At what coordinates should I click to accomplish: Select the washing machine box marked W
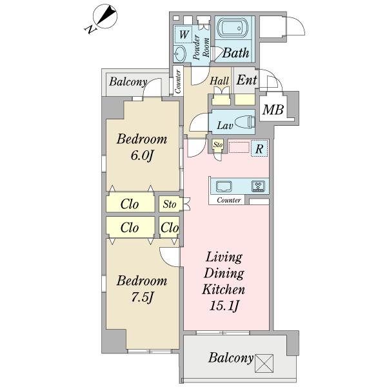point(183,34)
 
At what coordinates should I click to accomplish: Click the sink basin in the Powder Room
point(180,54)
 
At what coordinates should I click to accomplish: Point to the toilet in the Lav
point(245,122)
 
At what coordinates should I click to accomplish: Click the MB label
point(273,110)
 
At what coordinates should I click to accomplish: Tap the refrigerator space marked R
point(259,148)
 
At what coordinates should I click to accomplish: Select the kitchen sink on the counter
point(224,186)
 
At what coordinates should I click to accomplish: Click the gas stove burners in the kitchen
point(258,186)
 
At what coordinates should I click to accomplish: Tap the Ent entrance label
point(246,80)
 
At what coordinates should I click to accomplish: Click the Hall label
point(219,81)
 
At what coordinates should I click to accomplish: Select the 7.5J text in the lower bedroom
point(142,297)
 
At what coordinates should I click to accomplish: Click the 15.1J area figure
point(224,306)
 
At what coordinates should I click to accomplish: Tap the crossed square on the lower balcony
point(264,363)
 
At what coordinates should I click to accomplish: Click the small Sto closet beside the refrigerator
point(218,144)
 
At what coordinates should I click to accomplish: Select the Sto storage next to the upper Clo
point(170,204)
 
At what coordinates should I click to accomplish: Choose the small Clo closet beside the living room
point(169,227)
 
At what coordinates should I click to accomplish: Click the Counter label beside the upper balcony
point(178,82)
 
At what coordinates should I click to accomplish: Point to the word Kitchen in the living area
point(223,290)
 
